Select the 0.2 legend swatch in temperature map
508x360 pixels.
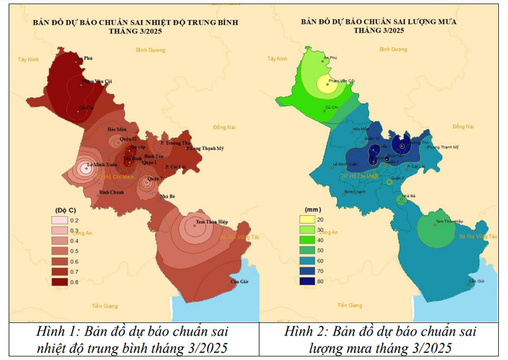pos(59,220)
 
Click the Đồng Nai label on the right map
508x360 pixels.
pos(463,126)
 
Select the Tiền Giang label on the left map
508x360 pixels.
pos(105,306)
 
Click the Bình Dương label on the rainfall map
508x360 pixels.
pos(393,49)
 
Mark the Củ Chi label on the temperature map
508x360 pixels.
pos(85,107)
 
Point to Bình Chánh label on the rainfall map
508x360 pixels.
pos(355,192)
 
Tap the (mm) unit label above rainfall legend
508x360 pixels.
pos(311,209)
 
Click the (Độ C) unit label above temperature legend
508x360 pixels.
pos(65,209)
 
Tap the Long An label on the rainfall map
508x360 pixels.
pos(328,232)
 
